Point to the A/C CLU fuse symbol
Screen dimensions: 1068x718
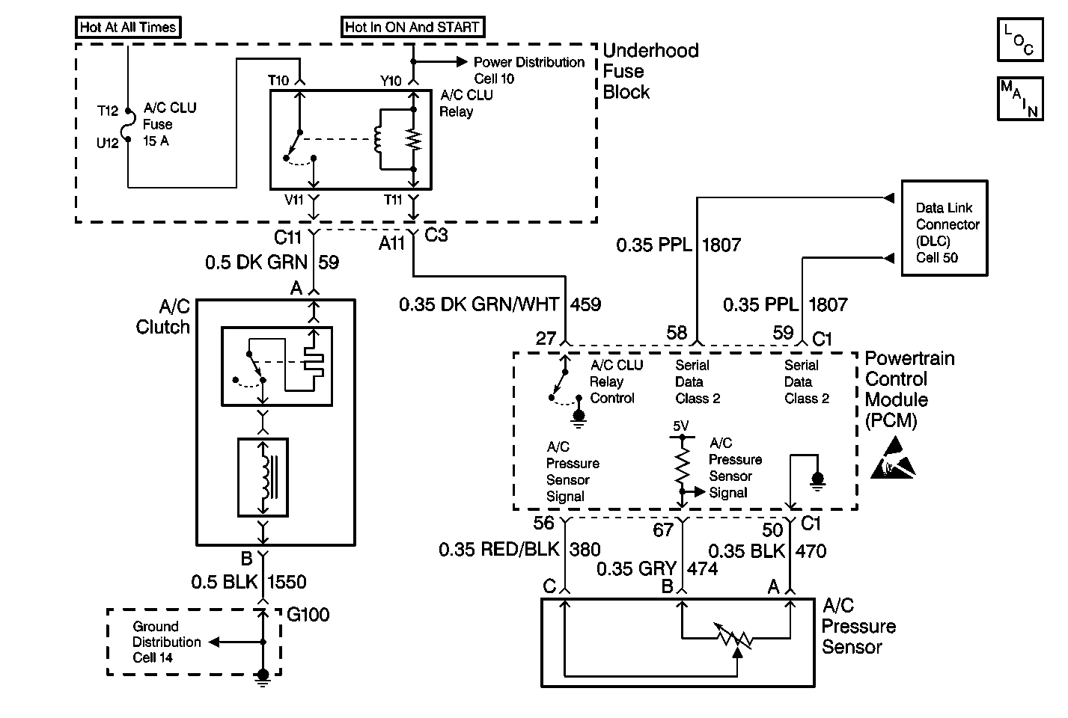point(127,126)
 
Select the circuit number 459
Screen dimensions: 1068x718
point(585,304)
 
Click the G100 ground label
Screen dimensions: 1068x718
point(308,615)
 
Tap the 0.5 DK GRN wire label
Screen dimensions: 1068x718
point(257,263)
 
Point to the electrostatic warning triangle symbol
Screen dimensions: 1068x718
point(893,458)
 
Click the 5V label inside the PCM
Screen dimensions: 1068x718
point(680,426)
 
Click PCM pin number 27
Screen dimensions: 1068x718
point(546,338)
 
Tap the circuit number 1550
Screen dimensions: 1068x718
point(287,582)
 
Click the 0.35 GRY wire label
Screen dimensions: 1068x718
point(636,569)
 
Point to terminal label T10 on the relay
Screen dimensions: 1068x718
point(278,80)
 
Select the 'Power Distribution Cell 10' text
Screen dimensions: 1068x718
point(528,70)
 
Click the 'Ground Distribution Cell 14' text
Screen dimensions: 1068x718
point(166,642)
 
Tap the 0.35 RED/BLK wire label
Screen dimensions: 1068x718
point(498,549)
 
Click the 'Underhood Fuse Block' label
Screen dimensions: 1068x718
point(650,71)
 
